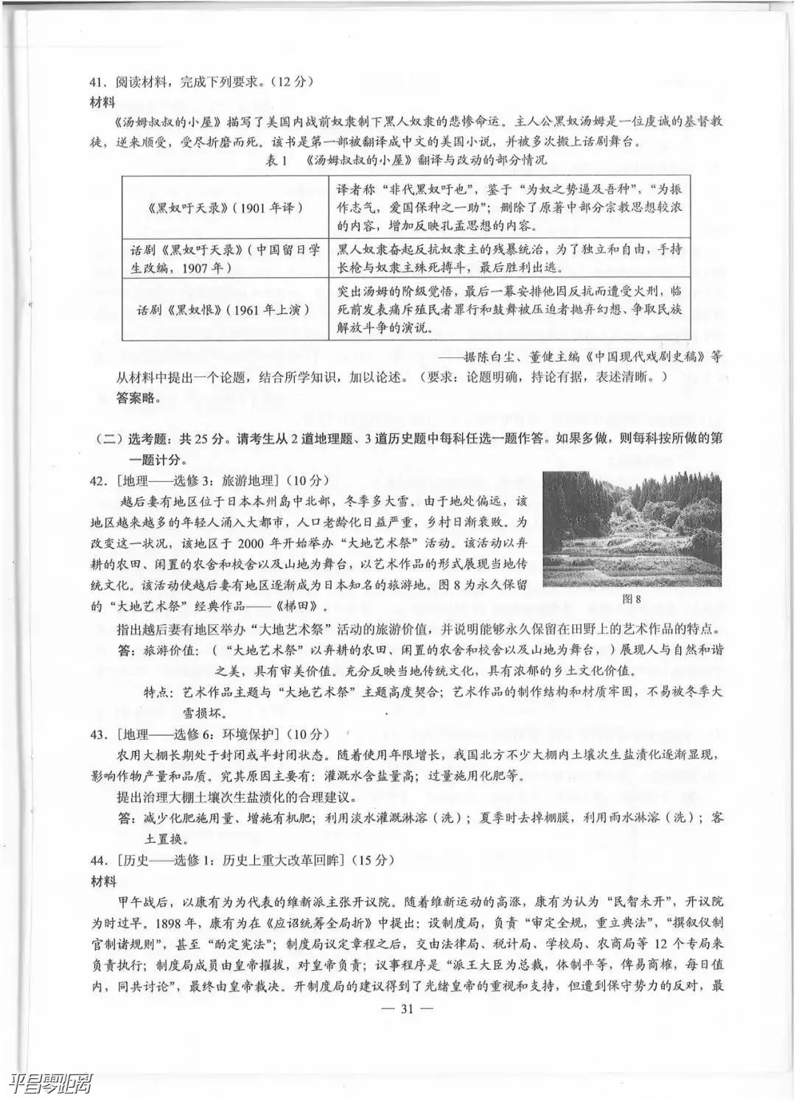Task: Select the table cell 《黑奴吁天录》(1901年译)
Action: (x=225, y=208)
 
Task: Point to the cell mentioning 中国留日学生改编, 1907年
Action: (x=225, y=258)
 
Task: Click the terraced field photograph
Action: (x=632, y=529)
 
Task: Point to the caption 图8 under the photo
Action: (x=632, y=598)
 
